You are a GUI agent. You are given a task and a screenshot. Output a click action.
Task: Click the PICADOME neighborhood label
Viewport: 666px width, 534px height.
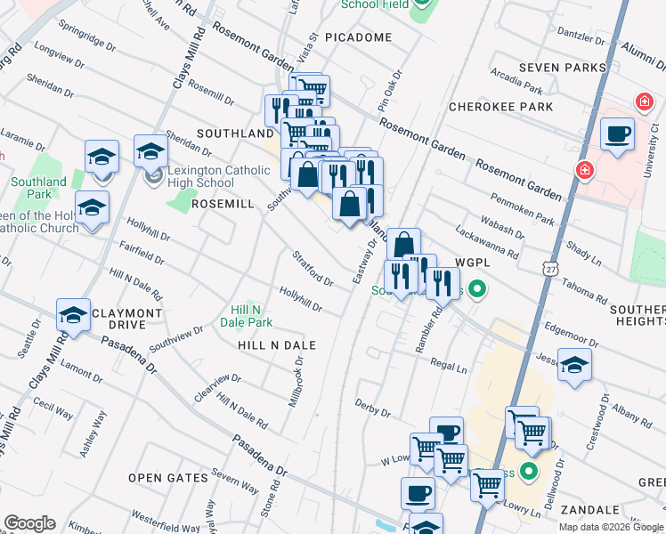358,37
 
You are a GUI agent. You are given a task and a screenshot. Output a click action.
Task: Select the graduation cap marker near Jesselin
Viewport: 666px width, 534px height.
574,365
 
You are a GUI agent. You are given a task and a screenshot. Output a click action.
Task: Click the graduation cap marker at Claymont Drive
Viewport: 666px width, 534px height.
73,315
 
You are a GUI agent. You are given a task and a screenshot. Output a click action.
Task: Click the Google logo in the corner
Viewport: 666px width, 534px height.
29,523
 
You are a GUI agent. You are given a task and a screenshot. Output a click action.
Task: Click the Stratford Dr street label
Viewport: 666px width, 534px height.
312,269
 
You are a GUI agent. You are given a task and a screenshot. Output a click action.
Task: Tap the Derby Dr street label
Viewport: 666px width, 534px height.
373,409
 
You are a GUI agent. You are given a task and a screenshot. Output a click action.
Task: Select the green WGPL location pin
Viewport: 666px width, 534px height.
477,289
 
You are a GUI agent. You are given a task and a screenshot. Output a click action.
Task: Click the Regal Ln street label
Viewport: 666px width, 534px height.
449,365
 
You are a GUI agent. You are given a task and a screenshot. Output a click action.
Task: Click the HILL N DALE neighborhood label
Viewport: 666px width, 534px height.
277,344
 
